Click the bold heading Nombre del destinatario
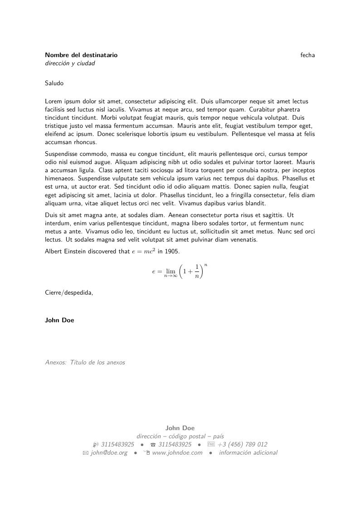tap(81, 55)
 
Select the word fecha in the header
tap(307, 55)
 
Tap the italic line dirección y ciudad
tap(70, 63)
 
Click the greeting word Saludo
tap(54, 83)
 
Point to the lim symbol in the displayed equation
tap(170, 271)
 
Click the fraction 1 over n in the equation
tap(197, 271)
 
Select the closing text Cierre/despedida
tap(69, 292)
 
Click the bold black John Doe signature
tap(59, 320)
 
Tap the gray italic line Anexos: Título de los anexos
tap(85, 363)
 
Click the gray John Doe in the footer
tap(180, 427)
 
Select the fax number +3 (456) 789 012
tap(242, 444)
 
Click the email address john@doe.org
tap(109, 453)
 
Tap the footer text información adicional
tap(248, 453)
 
